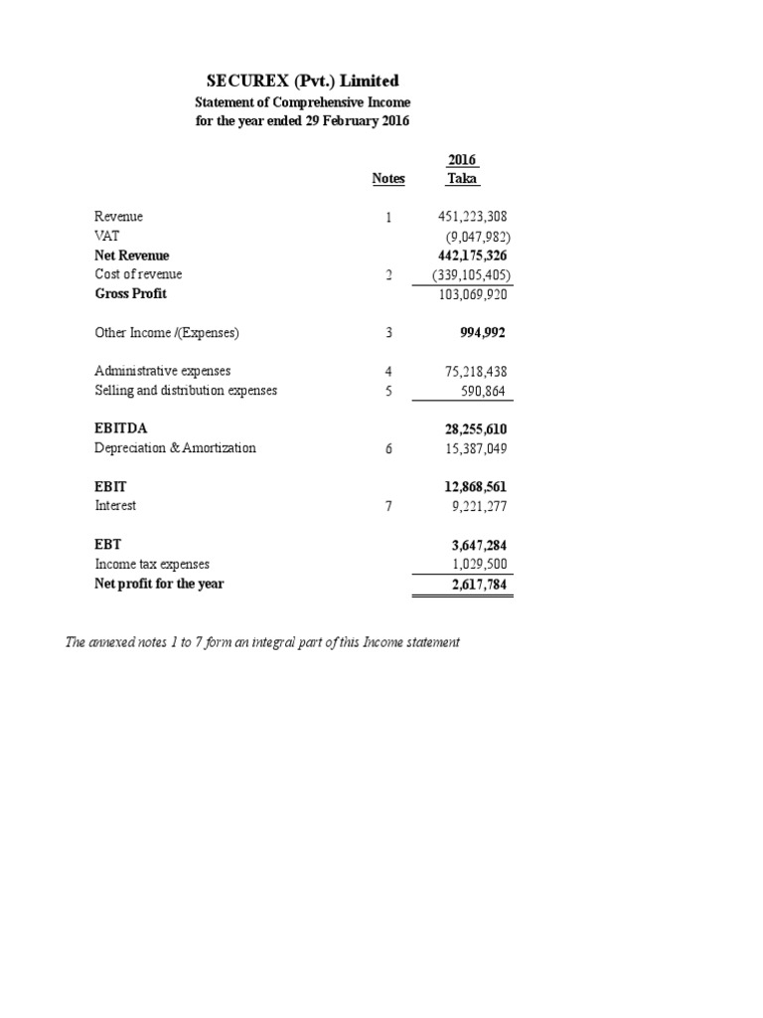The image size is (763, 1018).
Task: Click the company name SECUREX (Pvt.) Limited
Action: [304, 81]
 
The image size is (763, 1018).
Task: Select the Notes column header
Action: [388, 179]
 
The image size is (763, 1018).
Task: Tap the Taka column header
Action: [463, 179]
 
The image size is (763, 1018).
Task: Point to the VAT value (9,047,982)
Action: [476, 236]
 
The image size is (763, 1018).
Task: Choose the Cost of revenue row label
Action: [138, 274]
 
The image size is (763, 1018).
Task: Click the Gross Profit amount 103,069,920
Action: [472, 294]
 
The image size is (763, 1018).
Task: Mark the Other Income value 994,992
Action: [482, 333]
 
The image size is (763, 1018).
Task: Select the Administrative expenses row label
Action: [162, 371]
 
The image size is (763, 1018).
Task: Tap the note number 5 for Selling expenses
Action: [389, 391]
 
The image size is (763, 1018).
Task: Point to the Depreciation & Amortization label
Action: [175, 448]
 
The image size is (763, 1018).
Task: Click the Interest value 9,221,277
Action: [479, 506]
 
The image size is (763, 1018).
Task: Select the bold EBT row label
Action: [107, 545]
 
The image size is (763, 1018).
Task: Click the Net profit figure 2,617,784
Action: [479, 584]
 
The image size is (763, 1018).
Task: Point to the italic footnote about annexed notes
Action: [262, 643]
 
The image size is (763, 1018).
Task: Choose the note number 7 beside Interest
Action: [389, 506]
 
